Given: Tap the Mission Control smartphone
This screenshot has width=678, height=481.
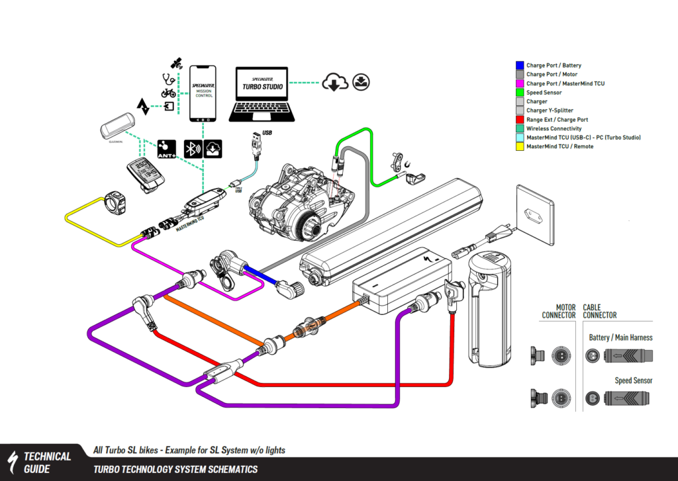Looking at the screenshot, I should [203, 93].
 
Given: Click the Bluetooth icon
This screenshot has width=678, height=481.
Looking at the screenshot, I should [193, 148].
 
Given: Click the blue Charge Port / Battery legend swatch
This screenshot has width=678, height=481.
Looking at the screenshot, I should [520, 66].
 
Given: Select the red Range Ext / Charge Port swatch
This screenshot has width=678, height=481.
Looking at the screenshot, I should [520, 120].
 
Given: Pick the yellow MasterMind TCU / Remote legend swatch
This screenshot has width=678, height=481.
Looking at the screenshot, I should [520, 146].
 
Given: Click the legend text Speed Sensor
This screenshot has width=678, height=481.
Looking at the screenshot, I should [544, 93].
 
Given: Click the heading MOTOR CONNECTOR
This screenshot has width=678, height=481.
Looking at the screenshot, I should [559, 311].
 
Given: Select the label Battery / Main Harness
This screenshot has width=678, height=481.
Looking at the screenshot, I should [620, 337].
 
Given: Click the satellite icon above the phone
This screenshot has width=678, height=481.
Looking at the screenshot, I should [176, 64].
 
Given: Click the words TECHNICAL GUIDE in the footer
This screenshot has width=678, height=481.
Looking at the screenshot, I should [47, 462].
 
